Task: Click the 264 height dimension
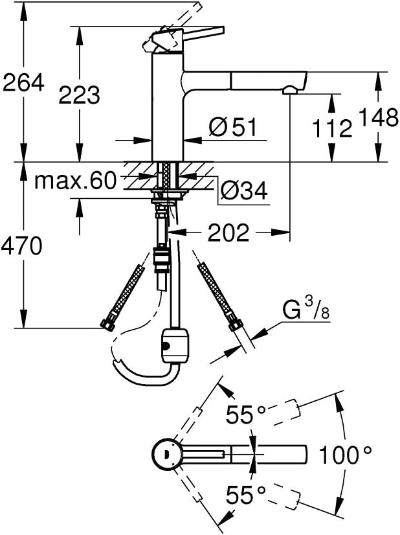[23, 82]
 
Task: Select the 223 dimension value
[79, 95]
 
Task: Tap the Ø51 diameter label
[232, 127]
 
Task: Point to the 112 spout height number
[332, 128]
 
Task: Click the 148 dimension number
[379, 117]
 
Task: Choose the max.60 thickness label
[75, 181]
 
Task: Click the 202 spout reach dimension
[229, 233]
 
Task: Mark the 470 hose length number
[21, 246]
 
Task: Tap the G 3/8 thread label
[306, 310]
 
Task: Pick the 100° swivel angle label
[345, 455]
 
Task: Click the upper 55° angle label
[246, 415]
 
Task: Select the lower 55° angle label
[246, 495]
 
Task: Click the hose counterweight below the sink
[175, 345]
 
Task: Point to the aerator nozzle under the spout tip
[289, 90]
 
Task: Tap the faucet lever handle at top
[184, 38]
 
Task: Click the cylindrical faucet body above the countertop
[168, 106]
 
